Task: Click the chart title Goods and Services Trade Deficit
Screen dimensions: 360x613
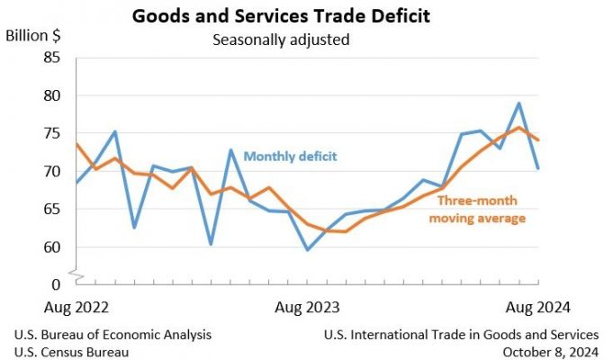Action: tap(280, 16)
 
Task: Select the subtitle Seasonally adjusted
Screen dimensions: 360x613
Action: tap(280, 40)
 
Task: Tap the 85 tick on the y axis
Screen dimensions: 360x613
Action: tap(51, 58)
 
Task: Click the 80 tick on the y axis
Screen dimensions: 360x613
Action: tap(51, 95)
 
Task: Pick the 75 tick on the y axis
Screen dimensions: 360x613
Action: tap(51, 133)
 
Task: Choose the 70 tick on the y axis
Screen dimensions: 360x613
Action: tap(51, 171)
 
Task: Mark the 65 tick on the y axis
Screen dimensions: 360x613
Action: tap(51, 209)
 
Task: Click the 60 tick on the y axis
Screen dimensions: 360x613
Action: tap(51, 247)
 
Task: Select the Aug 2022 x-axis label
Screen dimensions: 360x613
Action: tap(76, 308)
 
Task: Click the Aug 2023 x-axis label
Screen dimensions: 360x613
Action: tap(307, 308)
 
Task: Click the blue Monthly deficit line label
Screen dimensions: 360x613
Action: tap(290, 157)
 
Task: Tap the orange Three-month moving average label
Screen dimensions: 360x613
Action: tap(477, 210)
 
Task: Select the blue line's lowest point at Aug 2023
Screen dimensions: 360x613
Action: tap(307, 249)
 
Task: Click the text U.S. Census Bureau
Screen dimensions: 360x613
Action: tap(71, 352)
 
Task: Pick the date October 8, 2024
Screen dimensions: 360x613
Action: tap(549, 352)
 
